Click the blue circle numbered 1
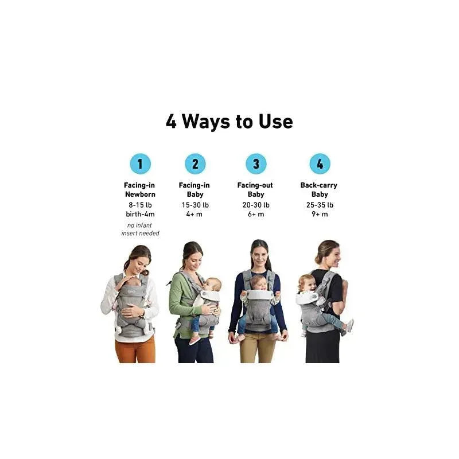pyautogui.click(x=140, y=164)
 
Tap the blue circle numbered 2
pyautogui.click(x=195, y=164)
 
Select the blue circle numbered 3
pyautogui.click(x=256, y=164)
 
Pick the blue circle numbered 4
pyautogui.click(x=320, y=164)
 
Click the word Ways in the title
pyautogui.click(x=206, y=122)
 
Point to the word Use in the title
pyautogui.click(x=275, y=122)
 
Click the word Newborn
pyautogui.click(x=140, y=194)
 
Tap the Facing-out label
pyautogui.click(x=255, y=185)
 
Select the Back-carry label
pyautogui.click(x=319, y=185)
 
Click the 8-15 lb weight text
pyautogui.click(x=140, y=205)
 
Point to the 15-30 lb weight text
pyautogui.click(x=195, y=205)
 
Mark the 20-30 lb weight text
pyautogui.click(x=256, y=205)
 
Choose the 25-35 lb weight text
pyautogui.click(x=320, y=205)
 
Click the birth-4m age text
pyautogui.click(x=140, y=214)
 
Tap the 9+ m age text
pyautogui.click(x=320, y=214)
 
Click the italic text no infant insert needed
pyautogui.click(x=140, y=229)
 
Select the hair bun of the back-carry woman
pyautogui.click(x=317, y=258)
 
